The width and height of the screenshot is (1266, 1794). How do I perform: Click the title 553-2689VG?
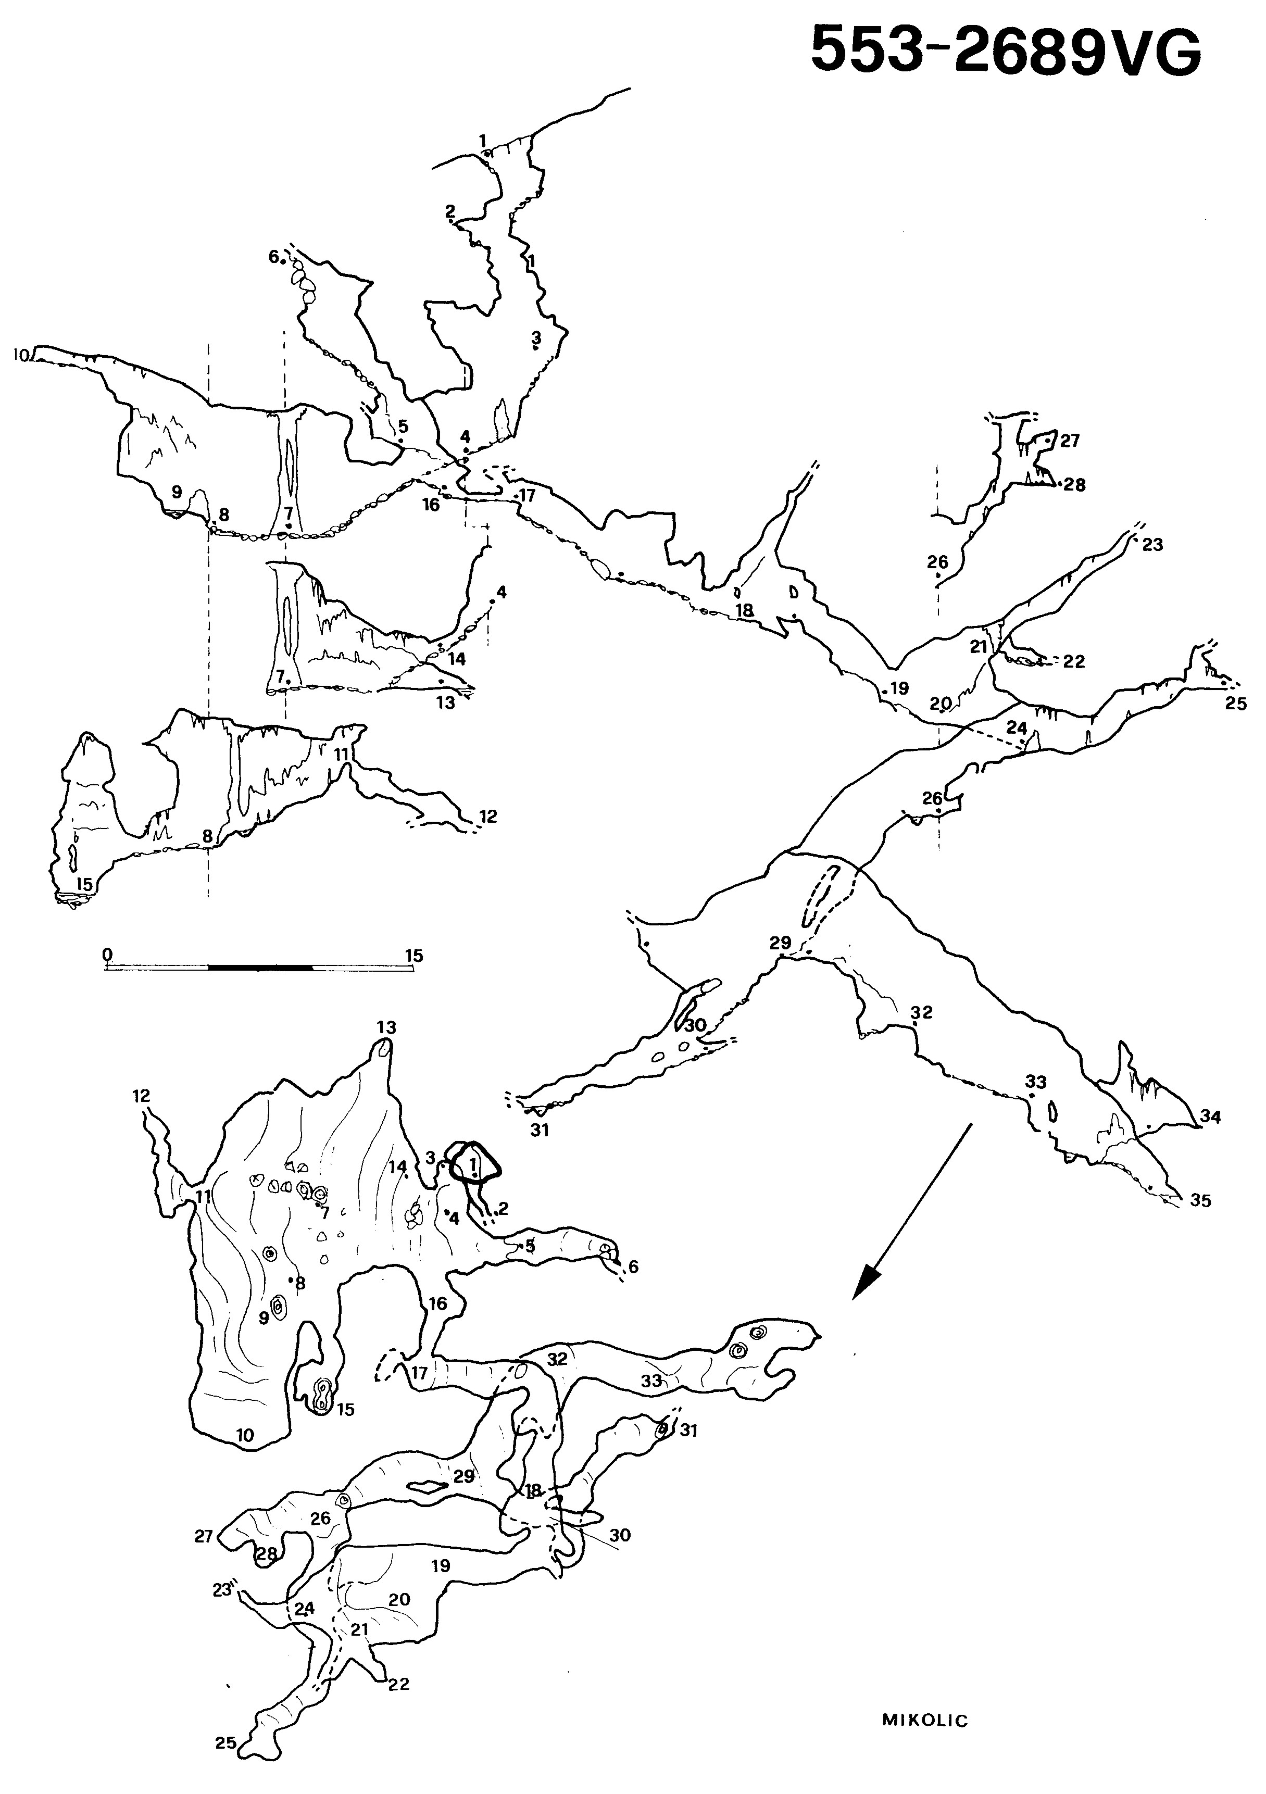[1005, 48]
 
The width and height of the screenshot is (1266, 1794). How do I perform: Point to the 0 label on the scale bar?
[108, 954]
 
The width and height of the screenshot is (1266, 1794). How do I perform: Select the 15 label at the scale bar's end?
[413, 955]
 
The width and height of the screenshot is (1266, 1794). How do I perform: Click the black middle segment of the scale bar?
[260, 968]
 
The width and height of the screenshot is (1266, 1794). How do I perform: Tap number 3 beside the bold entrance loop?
[430, 1157]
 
